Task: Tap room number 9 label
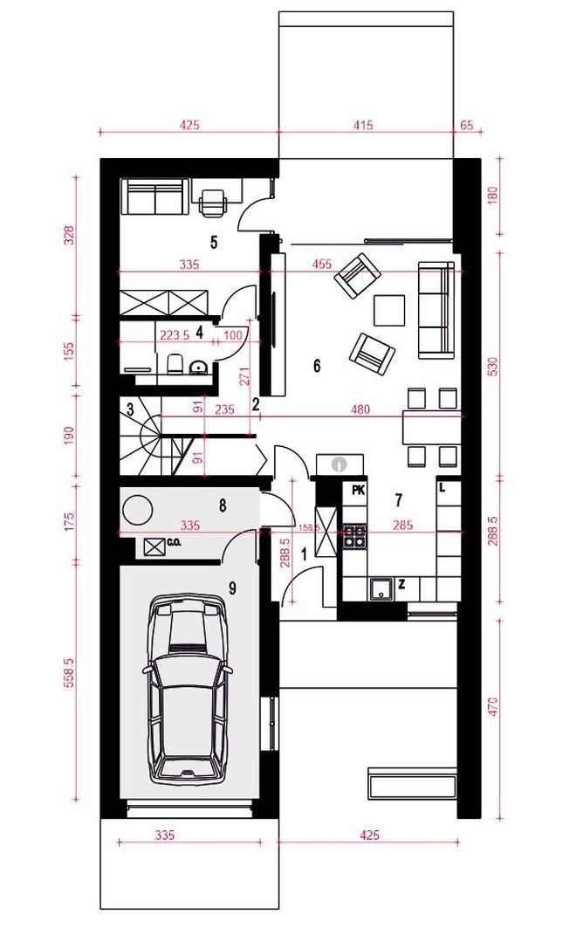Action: click(232, 588)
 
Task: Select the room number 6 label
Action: click(317, 365)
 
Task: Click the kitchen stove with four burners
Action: click(354, 535)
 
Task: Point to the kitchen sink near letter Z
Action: click(380, 589)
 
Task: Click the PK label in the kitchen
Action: click(358, 490)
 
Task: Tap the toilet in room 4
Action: click(175, 363)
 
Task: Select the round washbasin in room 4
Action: click(196, 367)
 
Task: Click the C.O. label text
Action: click(175, 543)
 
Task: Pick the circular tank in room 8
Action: click(138, 510)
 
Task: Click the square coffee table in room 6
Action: click(389, 311)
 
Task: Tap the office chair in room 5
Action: click(213, 201)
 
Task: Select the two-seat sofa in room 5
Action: click(155, 198)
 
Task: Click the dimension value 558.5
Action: click(69, 673)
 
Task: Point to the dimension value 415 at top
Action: click(363, 125)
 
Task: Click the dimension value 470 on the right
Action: click(492, 706)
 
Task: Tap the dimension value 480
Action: click(360, 409)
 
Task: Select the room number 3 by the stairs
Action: click(129, 410)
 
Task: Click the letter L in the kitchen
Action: click(442, 488)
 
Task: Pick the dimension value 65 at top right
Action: click(467, 125)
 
